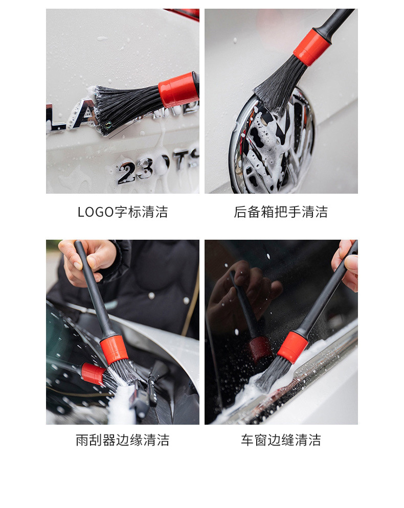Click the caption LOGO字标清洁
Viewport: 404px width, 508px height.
pos(122,212)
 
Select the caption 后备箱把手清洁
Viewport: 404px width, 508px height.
pos(281,212)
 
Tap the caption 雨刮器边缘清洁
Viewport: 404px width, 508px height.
pos(122,440)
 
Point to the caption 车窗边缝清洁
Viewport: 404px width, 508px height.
pos(281,440)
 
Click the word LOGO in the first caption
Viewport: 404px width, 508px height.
pos(96,212)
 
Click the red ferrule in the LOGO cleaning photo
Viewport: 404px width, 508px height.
pos(178,90)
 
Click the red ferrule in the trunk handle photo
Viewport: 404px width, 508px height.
pos(311,47)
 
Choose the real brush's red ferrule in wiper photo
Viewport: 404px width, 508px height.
pos(114,350)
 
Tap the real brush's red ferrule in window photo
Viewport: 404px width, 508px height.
pos(293,347)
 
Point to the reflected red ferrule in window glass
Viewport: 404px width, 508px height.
pos(260,348)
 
